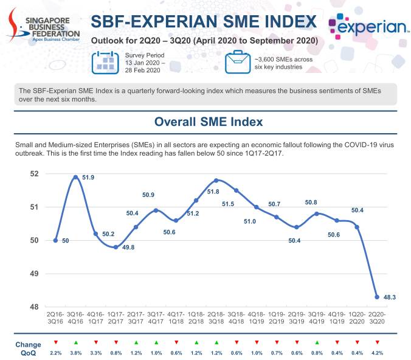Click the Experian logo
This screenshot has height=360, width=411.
coord(367,26)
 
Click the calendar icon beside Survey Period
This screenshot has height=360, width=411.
coord(104,62)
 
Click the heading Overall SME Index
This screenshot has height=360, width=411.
coord(209,122)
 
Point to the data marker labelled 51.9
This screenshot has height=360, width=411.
coord(75,177)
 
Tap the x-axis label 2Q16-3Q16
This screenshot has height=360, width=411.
coord(55,319)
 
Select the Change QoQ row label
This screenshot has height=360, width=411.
coord(28,348)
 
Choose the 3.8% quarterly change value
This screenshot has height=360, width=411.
coord(75,353)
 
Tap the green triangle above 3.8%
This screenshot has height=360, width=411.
coord(75,343)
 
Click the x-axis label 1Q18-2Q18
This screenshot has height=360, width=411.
coord(196,319)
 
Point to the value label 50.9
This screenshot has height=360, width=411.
coord(148,195)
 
